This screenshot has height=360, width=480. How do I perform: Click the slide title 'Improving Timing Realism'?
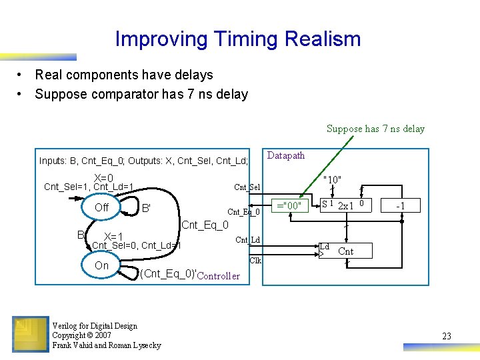coord(238,39)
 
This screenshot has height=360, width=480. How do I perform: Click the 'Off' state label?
coord(101,207)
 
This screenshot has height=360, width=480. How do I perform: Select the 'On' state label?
coord(101,265)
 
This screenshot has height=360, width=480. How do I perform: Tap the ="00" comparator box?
coord(290,205)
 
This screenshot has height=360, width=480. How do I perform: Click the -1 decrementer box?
coord(401,205)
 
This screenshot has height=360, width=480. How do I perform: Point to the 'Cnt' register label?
coord(346,251)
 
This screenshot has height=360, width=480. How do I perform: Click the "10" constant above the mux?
coord(332,180)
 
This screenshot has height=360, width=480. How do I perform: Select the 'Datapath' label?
coord(286,155)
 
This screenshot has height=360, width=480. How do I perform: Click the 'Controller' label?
coord(219,276)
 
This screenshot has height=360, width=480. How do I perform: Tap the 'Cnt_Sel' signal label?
coord(247,187)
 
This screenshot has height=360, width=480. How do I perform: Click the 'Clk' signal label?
coord(255,261)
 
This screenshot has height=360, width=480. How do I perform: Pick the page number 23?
coord(447,337)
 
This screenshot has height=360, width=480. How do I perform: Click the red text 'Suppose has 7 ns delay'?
coord(375,129)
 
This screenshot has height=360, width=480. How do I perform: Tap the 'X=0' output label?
coord(103,178)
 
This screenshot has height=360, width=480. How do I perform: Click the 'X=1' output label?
coord(113,237)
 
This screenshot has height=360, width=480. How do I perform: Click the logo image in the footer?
coord(30,334)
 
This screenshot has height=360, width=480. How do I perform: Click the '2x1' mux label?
coord(345,205)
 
